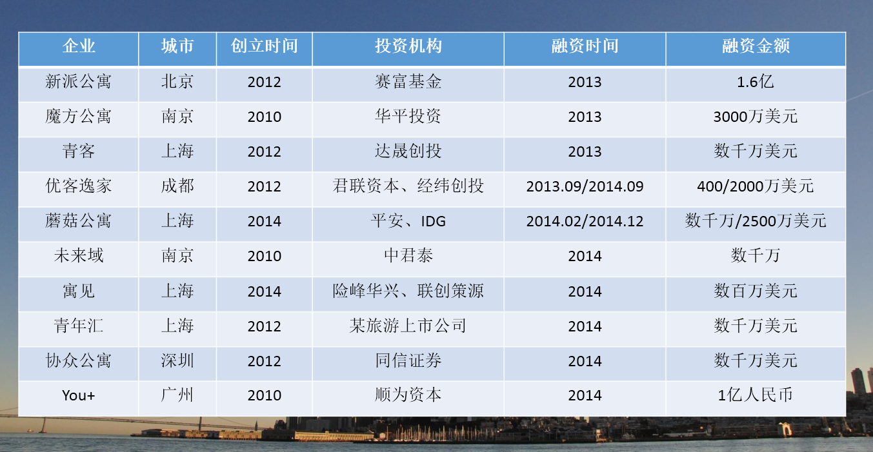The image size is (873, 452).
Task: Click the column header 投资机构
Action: (408, 46)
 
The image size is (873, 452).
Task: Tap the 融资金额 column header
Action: (756, 46)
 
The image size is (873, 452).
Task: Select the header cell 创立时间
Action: (265, 46)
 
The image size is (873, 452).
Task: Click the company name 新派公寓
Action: (78, 82)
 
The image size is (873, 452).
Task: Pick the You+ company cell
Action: (78, 395)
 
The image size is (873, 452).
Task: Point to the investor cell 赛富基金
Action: (408, 82)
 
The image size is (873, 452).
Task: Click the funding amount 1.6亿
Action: (756, 82)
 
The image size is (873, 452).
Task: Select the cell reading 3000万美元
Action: (756, 117)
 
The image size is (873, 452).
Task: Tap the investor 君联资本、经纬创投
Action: (408, 186)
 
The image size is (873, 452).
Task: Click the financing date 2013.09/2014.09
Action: (585, 186)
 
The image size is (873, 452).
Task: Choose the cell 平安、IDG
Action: (408, 221)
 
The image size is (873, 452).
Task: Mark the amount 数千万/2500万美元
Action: (756, 221)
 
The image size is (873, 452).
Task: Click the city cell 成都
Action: (177, 186)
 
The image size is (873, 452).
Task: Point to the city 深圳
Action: (177, 360)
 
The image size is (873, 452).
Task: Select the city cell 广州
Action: (177, 395)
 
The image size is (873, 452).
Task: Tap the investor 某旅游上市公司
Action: (408, 326)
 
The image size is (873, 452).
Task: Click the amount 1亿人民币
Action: (756, 395)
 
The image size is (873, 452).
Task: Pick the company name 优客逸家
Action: (78, 186)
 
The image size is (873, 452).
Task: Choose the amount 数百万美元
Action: (756, 291)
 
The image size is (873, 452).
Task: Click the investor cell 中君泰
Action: (408, 256)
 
